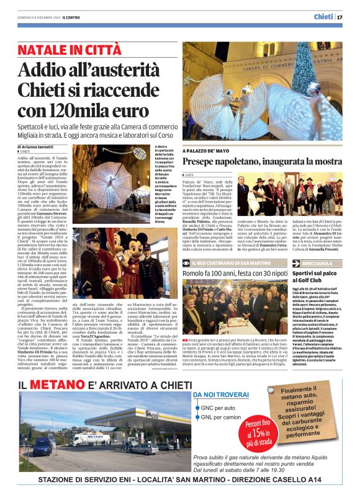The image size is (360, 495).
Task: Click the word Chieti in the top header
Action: pyautogui.click(x=323, y=17)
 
